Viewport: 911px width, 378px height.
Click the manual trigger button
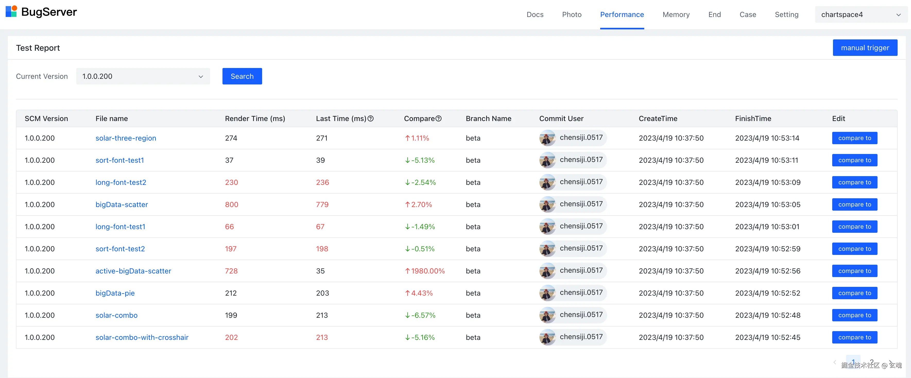[865, 48]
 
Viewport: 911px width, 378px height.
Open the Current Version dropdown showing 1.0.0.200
[143, 76]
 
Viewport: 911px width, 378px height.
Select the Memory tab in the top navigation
[676, 14]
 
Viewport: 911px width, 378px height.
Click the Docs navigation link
[535, 14]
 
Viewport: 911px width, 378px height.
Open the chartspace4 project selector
[861, 14]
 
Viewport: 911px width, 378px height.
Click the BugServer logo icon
[11, 11]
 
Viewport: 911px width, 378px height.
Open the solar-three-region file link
[126, 138]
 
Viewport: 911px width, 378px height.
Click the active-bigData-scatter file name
[133, 271]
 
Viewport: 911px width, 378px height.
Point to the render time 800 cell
[232, 205]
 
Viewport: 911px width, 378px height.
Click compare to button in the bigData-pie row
[854, 293]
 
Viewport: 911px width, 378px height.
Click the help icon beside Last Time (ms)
[371, 119]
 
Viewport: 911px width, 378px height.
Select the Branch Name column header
[488, 119]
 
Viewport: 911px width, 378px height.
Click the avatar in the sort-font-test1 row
[547, 160]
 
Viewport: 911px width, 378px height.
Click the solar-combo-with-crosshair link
[142, 338]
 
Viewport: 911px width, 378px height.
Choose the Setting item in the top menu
[787, 14]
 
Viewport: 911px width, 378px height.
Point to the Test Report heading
[38, 48]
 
